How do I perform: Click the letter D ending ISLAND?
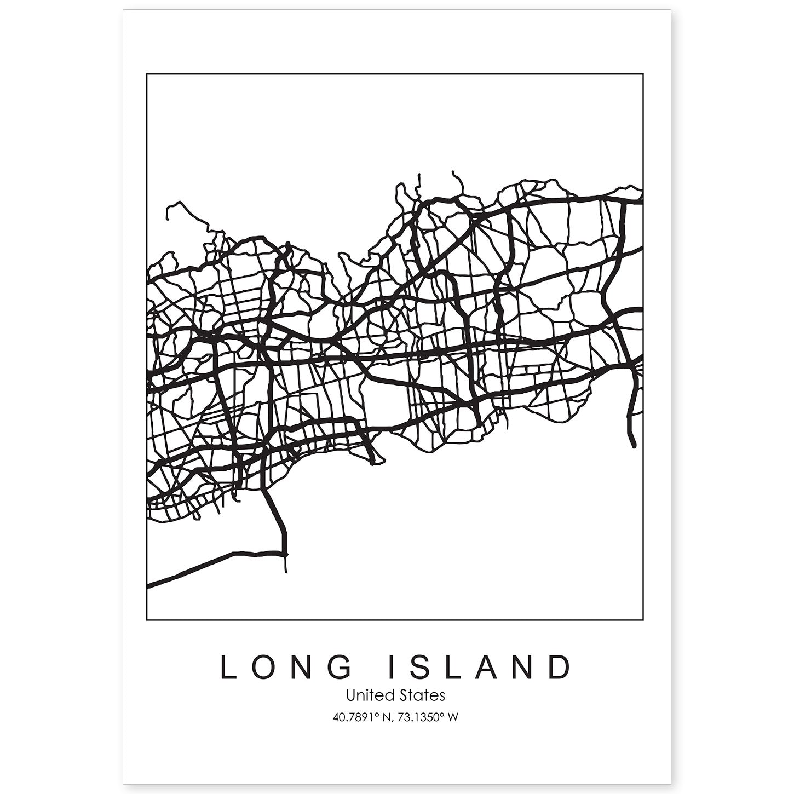pyautogui.click(x=560, y=667)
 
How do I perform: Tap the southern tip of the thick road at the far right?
pyautogui.click(x=633, y=445)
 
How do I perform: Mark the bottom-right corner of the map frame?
pyautogui.click(x=642, y=620)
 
